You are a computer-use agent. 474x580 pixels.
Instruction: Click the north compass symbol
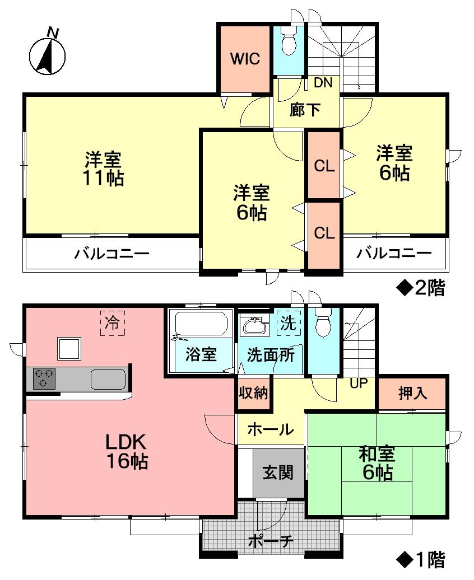47,55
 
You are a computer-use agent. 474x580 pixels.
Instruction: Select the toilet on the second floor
289,44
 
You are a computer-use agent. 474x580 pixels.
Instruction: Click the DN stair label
323,83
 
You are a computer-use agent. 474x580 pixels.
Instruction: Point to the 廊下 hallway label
305,110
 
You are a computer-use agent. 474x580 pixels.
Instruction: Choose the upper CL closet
324,166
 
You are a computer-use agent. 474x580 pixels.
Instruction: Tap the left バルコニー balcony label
112,254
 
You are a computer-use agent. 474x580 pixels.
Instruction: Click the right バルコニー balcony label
395,254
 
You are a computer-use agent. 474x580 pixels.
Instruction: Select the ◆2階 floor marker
421,288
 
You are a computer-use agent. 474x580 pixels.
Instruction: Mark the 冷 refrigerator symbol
113,323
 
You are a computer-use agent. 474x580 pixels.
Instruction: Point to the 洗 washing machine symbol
288,323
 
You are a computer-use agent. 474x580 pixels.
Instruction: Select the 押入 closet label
412,394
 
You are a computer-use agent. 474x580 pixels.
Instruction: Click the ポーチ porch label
271,541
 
